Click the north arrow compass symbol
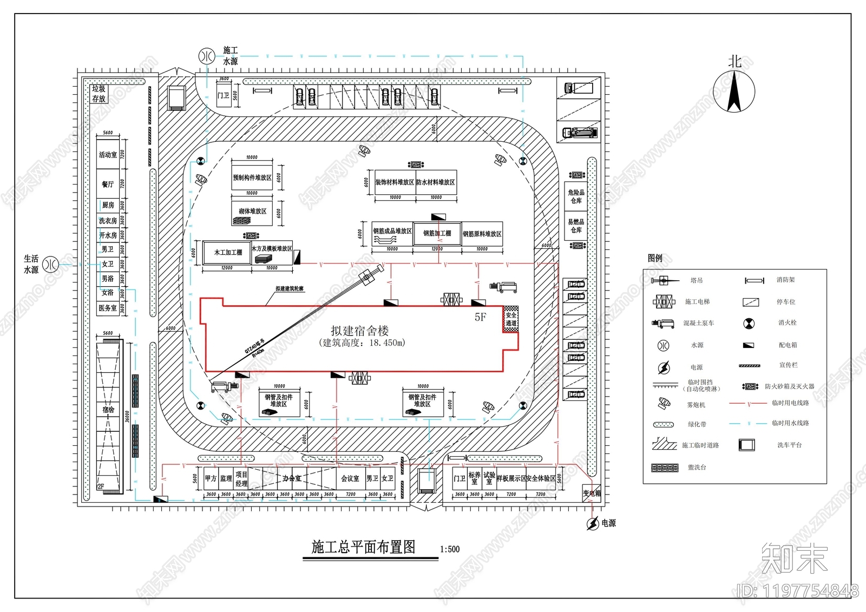coord(734,92)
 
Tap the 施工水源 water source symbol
coord(206,55)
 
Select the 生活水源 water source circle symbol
coord(51,264)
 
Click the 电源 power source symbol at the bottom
coord(593,523)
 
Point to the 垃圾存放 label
coord(99,94)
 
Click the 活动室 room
coord(108,155)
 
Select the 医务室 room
coord(108,308)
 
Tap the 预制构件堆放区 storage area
coord(252,177)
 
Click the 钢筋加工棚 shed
coord(437,233)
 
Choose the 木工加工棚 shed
coord(228,252)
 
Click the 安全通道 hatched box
coord(511,319)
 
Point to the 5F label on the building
coord(480,317)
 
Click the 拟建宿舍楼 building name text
coord(360,331)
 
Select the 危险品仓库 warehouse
coord(576,196)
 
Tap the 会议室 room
coord(350,478)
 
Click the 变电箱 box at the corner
coord(592,493)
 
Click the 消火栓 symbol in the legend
coord(749,323)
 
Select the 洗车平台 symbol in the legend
coord(747,445)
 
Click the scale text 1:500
coord(450,549)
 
